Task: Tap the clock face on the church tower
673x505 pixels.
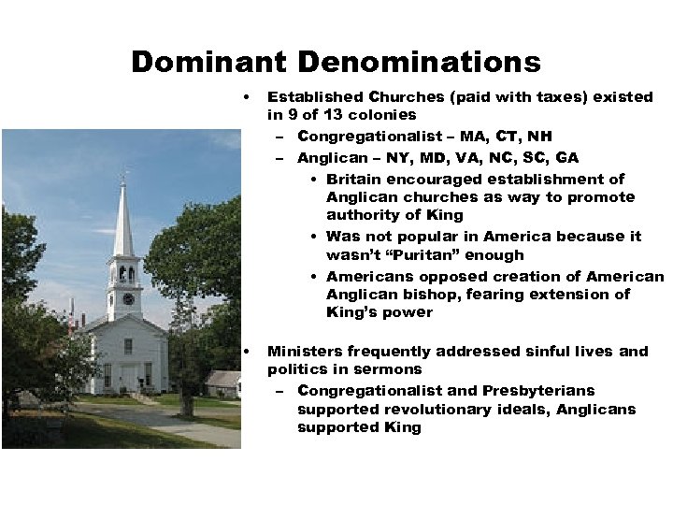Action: [128, 298]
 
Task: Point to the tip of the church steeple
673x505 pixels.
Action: [123, 174]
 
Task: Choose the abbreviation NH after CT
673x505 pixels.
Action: [539, 137]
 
